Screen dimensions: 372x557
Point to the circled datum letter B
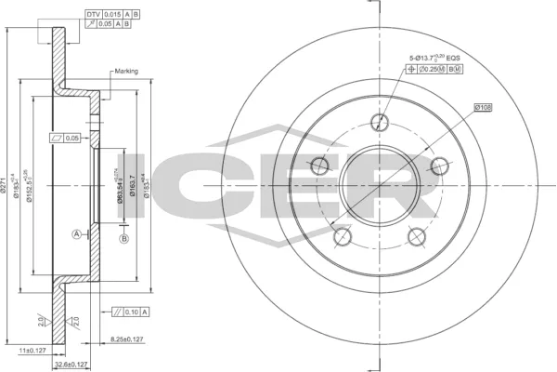pyautogui.click(x=123, y=240)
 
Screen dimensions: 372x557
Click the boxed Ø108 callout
pyautogui.click(x=483, y=108)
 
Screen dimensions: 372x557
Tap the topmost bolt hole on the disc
pyautogui.click(x=379, y=121)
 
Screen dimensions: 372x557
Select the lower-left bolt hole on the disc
pyautogui.click(x=341, y=236)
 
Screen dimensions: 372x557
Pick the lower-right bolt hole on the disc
pyautogui.click(x=418, y=235)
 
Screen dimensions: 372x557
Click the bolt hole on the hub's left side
pyautogui.click(x=318, y=166)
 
